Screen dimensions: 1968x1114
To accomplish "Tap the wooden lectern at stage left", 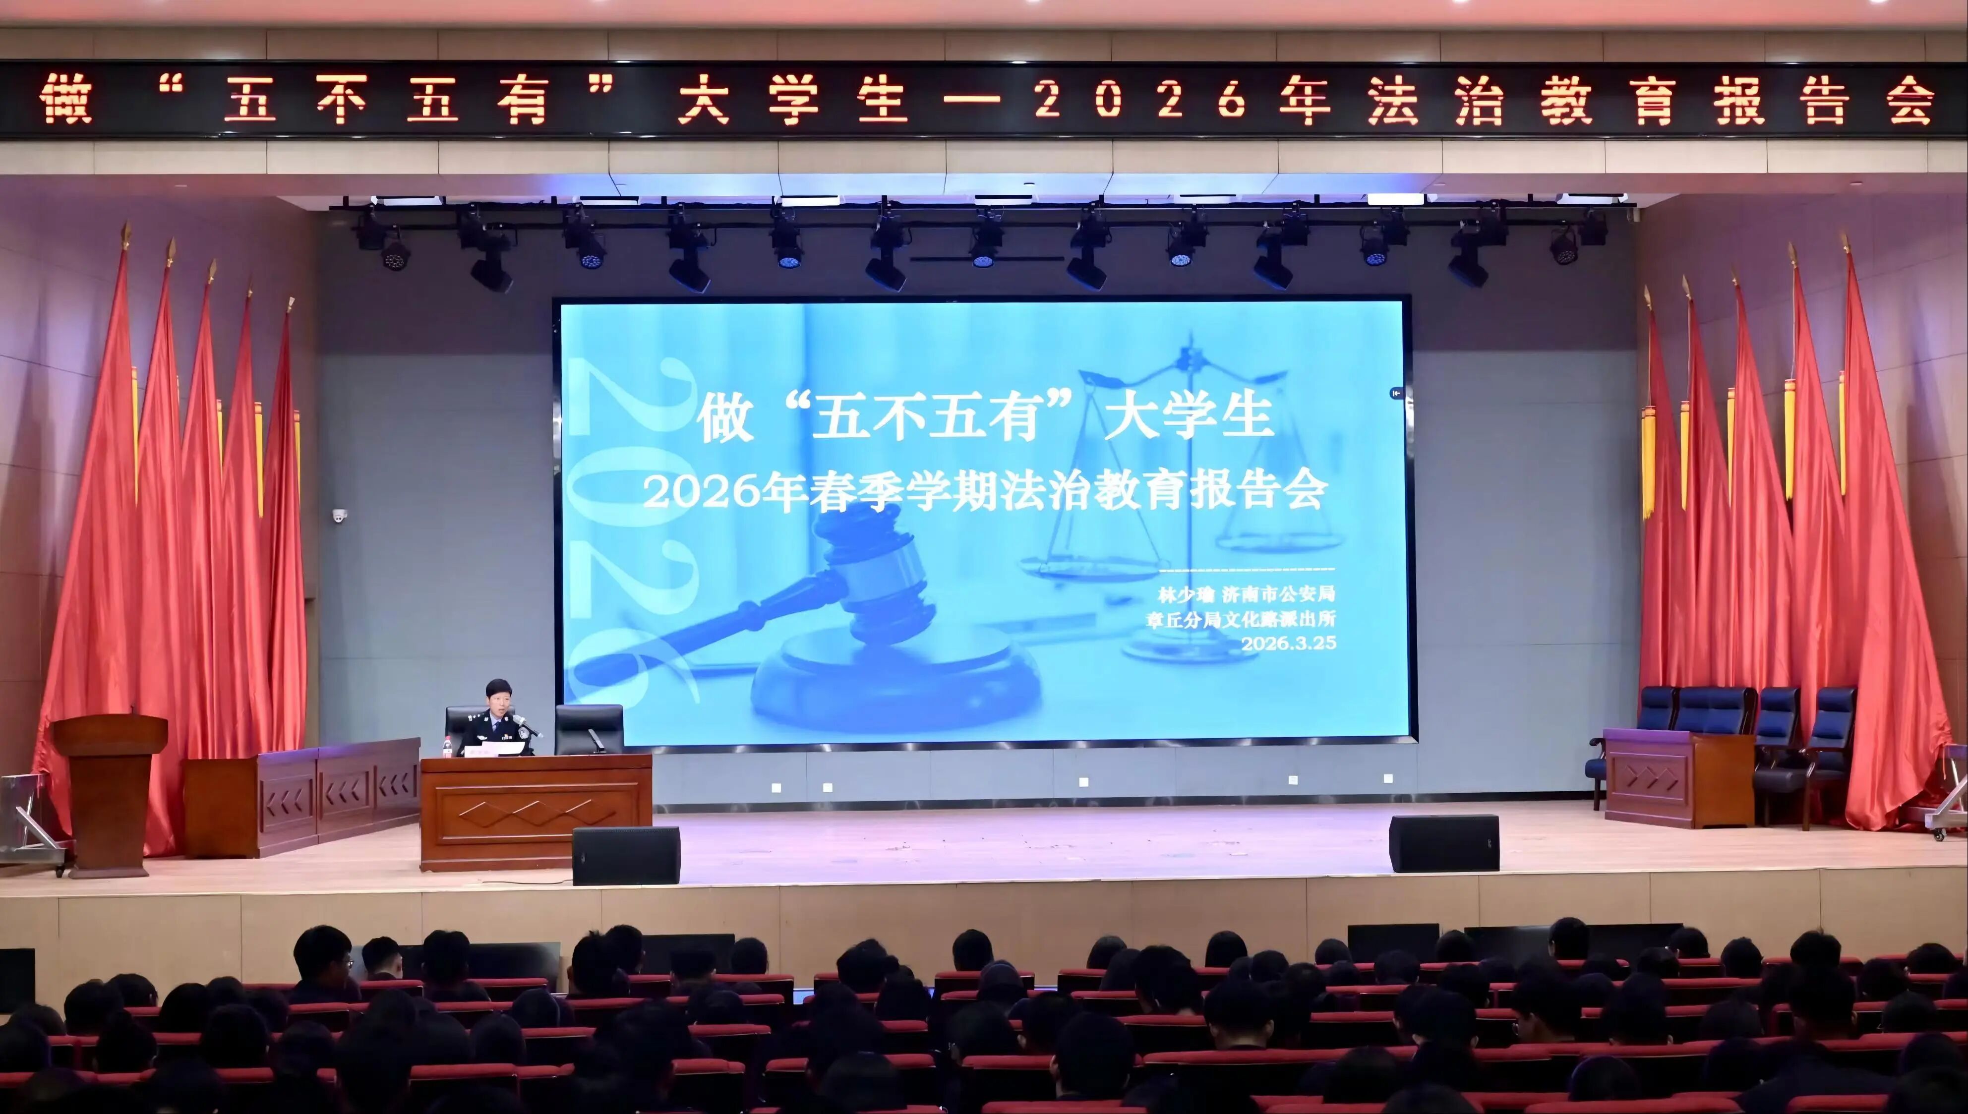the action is coord(110,792).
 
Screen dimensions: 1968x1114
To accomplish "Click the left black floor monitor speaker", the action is coord(626,855).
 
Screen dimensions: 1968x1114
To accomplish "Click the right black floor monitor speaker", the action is coord(1444,843).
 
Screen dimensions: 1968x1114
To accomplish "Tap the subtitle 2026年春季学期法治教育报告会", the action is coord(984,492).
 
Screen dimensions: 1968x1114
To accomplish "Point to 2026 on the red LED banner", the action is coord(1141,101).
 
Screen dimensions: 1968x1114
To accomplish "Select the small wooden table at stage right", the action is coord(1679,778).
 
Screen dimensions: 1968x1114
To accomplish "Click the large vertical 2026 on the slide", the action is coord(620,528).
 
